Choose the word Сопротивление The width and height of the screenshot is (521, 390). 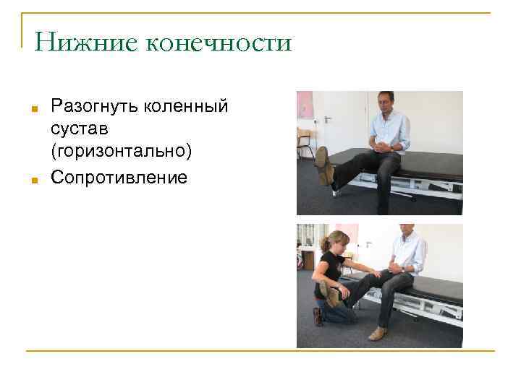[x=119, y=177]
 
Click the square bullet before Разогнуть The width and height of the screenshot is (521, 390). [x=34, y=110]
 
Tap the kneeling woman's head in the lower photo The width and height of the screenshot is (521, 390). [x=338, y=242]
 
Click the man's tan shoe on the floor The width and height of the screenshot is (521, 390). [x=378, y=333]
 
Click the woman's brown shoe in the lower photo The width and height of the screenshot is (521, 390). [x=318, y=316]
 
